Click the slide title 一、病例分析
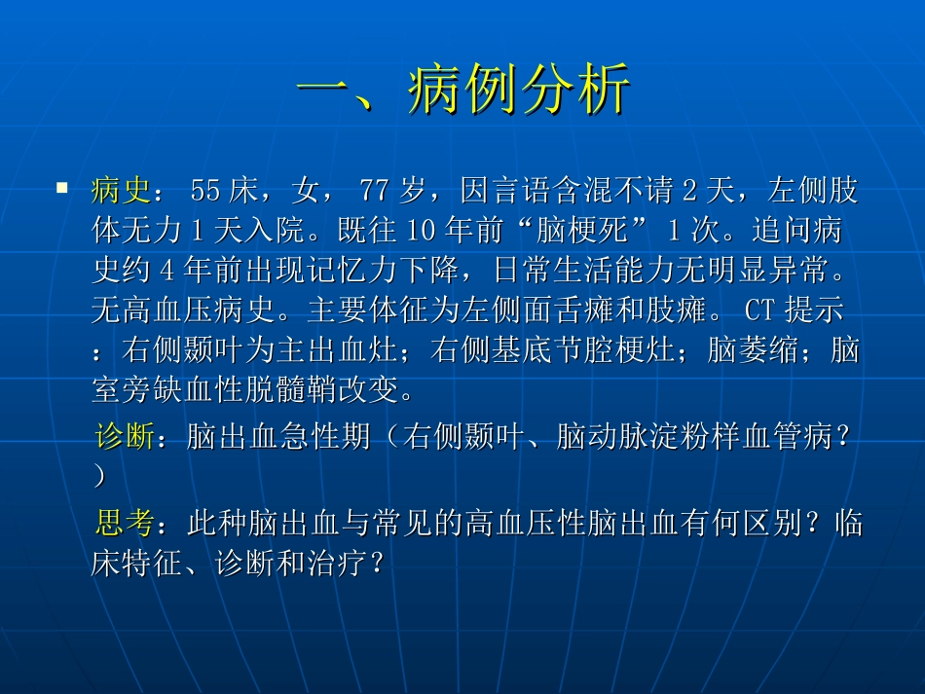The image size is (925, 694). click(463, 92)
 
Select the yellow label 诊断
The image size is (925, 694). click(125, 438)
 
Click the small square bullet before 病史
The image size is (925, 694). click(62, 185)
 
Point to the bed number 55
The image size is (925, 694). click(205, 192)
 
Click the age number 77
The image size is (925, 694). click(375, 192)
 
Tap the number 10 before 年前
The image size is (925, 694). click(420, 232)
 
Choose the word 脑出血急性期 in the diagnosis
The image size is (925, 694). click(278, 438)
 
